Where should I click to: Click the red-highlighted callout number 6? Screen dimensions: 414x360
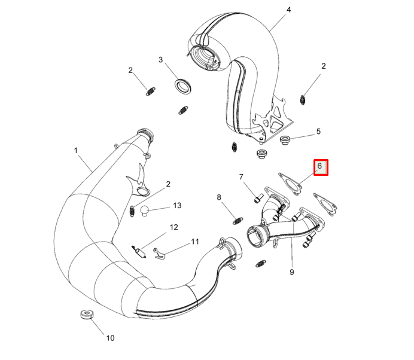pyautogui.click(x=319, y=166)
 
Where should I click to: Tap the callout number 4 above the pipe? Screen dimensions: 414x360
pyautogui.click(x=288, y=10)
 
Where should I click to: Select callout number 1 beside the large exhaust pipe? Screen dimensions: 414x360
pyautogui.click(x=76, y=151)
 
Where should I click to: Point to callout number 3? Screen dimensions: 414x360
pyautogui.click(x=160, y=60)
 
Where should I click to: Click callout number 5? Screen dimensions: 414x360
pyautogui.click(x=318, y=132)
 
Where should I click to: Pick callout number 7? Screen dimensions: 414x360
pyautogui.click(x=241, y=177)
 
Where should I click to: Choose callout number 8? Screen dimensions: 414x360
pyautogui.click(x=219, y=197)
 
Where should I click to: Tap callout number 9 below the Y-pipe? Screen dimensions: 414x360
pyautogui.click(x=292, y=272)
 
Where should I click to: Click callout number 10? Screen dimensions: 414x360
pyautogui.click(x=110, y=338)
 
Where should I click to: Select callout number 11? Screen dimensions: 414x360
pyautogui.click(x=195, y=242)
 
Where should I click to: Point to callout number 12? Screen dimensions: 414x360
pyautogui.click(x=173, y=227)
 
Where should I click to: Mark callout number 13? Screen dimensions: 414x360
pyautogui.click(x=177, y=206)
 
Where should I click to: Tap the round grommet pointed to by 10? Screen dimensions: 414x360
pyautogui.click(x=87, y=315)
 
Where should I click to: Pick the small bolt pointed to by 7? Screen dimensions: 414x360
pyautogui.click(x=258, y=199)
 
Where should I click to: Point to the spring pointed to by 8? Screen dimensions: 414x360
pyautogui.click(x=238, y=221)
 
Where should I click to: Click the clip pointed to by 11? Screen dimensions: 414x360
pyautogui.click(x=159, y=254)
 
